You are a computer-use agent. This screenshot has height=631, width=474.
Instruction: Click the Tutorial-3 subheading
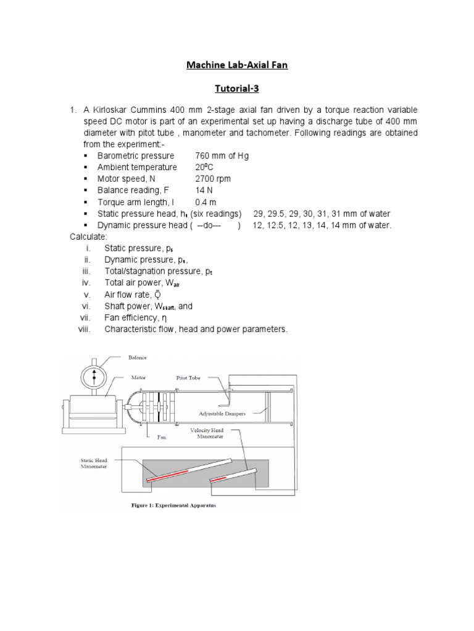tap(238, 88)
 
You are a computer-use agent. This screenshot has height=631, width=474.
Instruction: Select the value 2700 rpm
tap(213, 179)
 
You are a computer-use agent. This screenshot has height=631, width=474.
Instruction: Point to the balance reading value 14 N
tap(204, 190)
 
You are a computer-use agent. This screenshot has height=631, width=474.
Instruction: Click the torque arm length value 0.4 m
tap(206, 202)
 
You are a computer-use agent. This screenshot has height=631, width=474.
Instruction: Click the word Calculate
tap(88, 237)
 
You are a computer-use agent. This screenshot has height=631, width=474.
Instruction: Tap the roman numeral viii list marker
tap(84, 330)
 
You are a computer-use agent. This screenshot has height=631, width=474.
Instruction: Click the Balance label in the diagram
tap(138, 357)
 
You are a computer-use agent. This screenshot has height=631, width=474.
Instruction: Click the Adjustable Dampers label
tap(222, 413)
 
